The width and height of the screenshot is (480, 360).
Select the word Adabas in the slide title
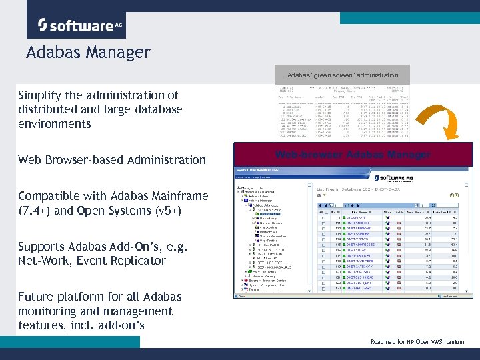click(52, 53)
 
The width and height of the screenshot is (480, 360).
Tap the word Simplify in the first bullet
click(43, 95)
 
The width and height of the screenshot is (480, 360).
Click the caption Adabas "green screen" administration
click(343, 75)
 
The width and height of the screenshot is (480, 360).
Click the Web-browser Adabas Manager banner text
click(353, 155)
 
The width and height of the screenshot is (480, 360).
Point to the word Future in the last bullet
click(39, 297)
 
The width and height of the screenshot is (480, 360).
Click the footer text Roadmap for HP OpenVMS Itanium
click(417, 342)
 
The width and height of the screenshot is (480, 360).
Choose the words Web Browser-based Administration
click(112, 160)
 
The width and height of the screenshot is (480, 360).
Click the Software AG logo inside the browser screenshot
click(427, 180)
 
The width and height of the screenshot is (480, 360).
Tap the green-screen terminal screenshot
click(343, 111)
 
